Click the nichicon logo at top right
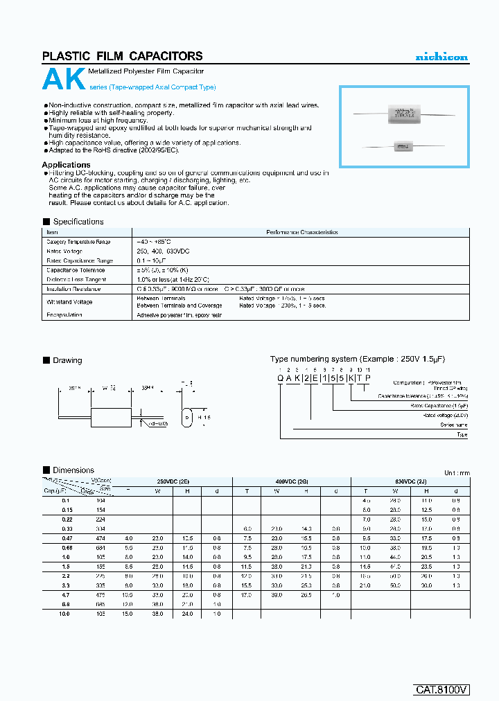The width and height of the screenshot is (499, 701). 441,57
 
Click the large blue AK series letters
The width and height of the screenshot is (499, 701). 64,80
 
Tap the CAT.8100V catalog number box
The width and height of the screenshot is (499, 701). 442,689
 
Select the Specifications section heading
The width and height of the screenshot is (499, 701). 78,222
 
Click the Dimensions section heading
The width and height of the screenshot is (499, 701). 73,470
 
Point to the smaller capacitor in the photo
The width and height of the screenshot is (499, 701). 403,146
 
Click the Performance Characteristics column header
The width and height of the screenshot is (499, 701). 303,233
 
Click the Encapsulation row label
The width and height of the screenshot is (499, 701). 64,315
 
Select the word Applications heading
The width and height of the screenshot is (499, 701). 67,165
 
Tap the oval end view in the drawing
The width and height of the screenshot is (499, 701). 186,418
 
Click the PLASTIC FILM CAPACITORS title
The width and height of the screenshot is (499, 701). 123,56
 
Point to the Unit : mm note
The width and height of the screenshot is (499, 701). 456,472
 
